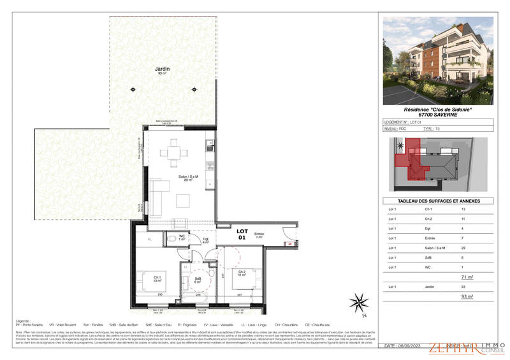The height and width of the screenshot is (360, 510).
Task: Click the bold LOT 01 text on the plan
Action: click(x=242, y=234)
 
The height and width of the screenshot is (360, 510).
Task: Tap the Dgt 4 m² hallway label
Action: click(x=206, y=241)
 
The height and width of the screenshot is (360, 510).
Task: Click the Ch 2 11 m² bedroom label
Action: click(x=242, y=273)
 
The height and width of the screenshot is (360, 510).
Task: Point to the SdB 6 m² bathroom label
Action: click(x=198, y=280)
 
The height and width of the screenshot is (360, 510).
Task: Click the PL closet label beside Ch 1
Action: click(x=149, y=239)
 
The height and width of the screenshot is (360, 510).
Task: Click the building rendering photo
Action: click(x=438, y=61)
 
